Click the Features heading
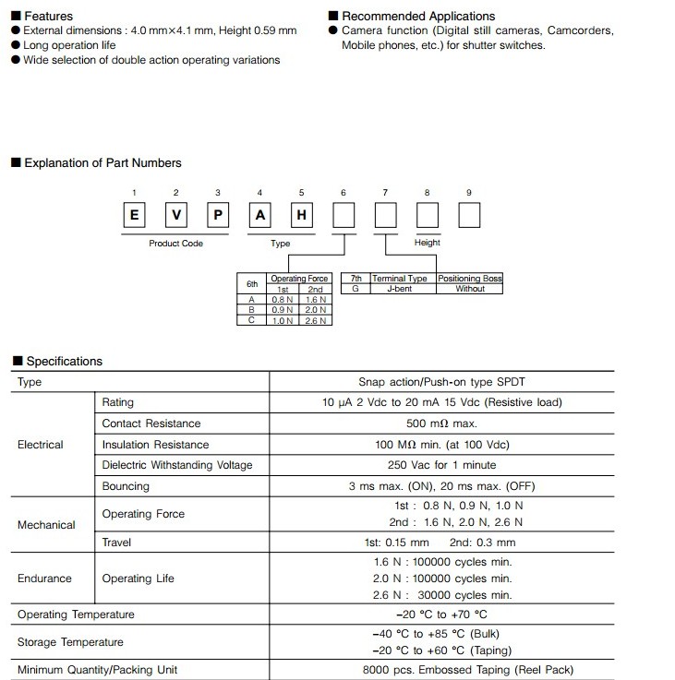(48, 17)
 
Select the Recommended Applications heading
(417, 17)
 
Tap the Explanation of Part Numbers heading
(102, 163)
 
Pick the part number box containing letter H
(301, 216)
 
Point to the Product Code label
(175, 244)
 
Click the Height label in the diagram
(428, 243)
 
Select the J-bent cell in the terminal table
(400, 289)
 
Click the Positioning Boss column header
(470, 279)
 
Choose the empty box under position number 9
(469, 216)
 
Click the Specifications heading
(64, 362)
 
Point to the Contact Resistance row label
(151, 424)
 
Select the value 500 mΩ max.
(441, 424)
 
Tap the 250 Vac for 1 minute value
(441, 465)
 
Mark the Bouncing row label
(126, 486)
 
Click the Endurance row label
(44, 579)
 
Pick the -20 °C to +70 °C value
(441, 614)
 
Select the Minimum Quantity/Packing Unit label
(97, 670)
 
